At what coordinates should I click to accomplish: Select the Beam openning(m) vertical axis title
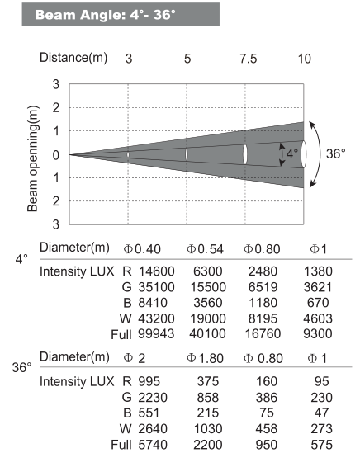pyautogui.click(x=34, y=154)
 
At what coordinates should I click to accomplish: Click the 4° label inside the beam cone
pyautogui.click(x=291, y=154)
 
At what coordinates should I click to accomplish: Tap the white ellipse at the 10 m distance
pyautogui.click(x=305, y=154)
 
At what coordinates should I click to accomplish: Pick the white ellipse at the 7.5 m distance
pyautogui.click(x=245, y=154)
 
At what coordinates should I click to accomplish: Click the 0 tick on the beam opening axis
pyautogui.click(x=56, y=154)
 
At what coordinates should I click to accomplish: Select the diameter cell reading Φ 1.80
pyautogui.click(x=204, y=357)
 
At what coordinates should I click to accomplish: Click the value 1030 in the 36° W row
pyautogui.click(x=204, y=429)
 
